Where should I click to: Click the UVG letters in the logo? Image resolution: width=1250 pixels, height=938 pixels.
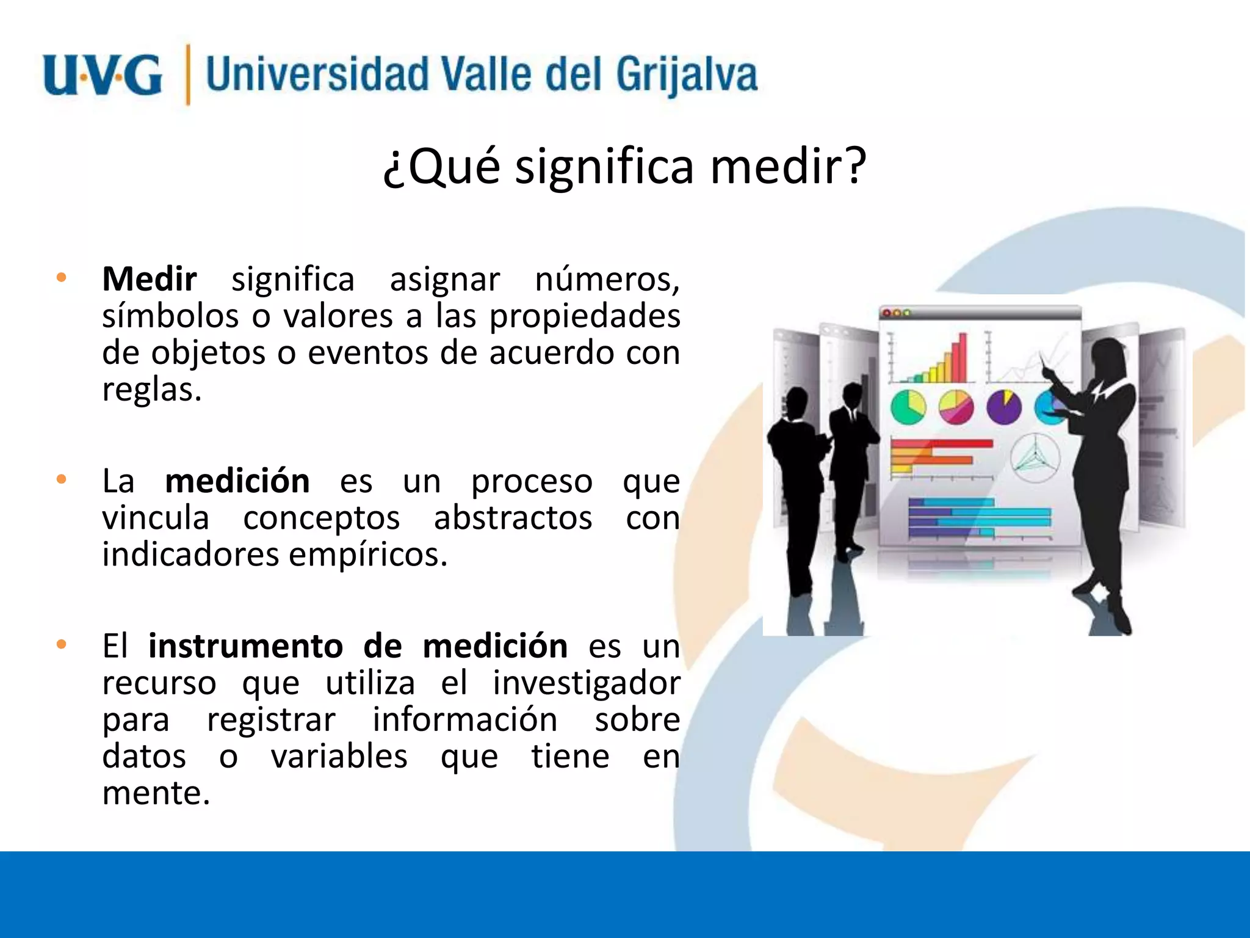pos(103,76)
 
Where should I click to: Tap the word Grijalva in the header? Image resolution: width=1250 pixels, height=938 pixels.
pos(686,76)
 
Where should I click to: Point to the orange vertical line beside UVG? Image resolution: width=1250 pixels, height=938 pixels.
pos(188,75)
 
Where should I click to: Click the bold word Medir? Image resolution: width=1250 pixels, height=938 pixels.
pos(150,280)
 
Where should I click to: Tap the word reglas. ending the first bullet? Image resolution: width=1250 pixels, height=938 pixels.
pos(151,390)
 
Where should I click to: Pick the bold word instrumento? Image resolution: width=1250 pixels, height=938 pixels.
pos(245,646)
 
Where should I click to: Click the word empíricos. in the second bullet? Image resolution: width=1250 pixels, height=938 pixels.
pos(368,554)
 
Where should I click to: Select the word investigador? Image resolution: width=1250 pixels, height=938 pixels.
pos(587,683)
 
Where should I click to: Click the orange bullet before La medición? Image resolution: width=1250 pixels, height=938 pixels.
pos(61,479)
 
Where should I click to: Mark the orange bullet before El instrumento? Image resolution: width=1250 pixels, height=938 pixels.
pos(61,644)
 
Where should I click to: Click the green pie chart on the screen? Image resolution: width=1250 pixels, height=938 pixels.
pos(908,407)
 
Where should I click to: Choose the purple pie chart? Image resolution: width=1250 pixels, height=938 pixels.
pos(1004,407)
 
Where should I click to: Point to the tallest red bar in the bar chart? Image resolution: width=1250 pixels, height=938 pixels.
pos(963,357)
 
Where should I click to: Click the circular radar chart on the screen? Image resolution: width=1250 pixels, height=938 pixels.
pos(1035,458)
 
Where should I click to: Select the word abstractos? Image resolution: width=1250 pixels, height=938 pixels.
pos(513,518)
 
